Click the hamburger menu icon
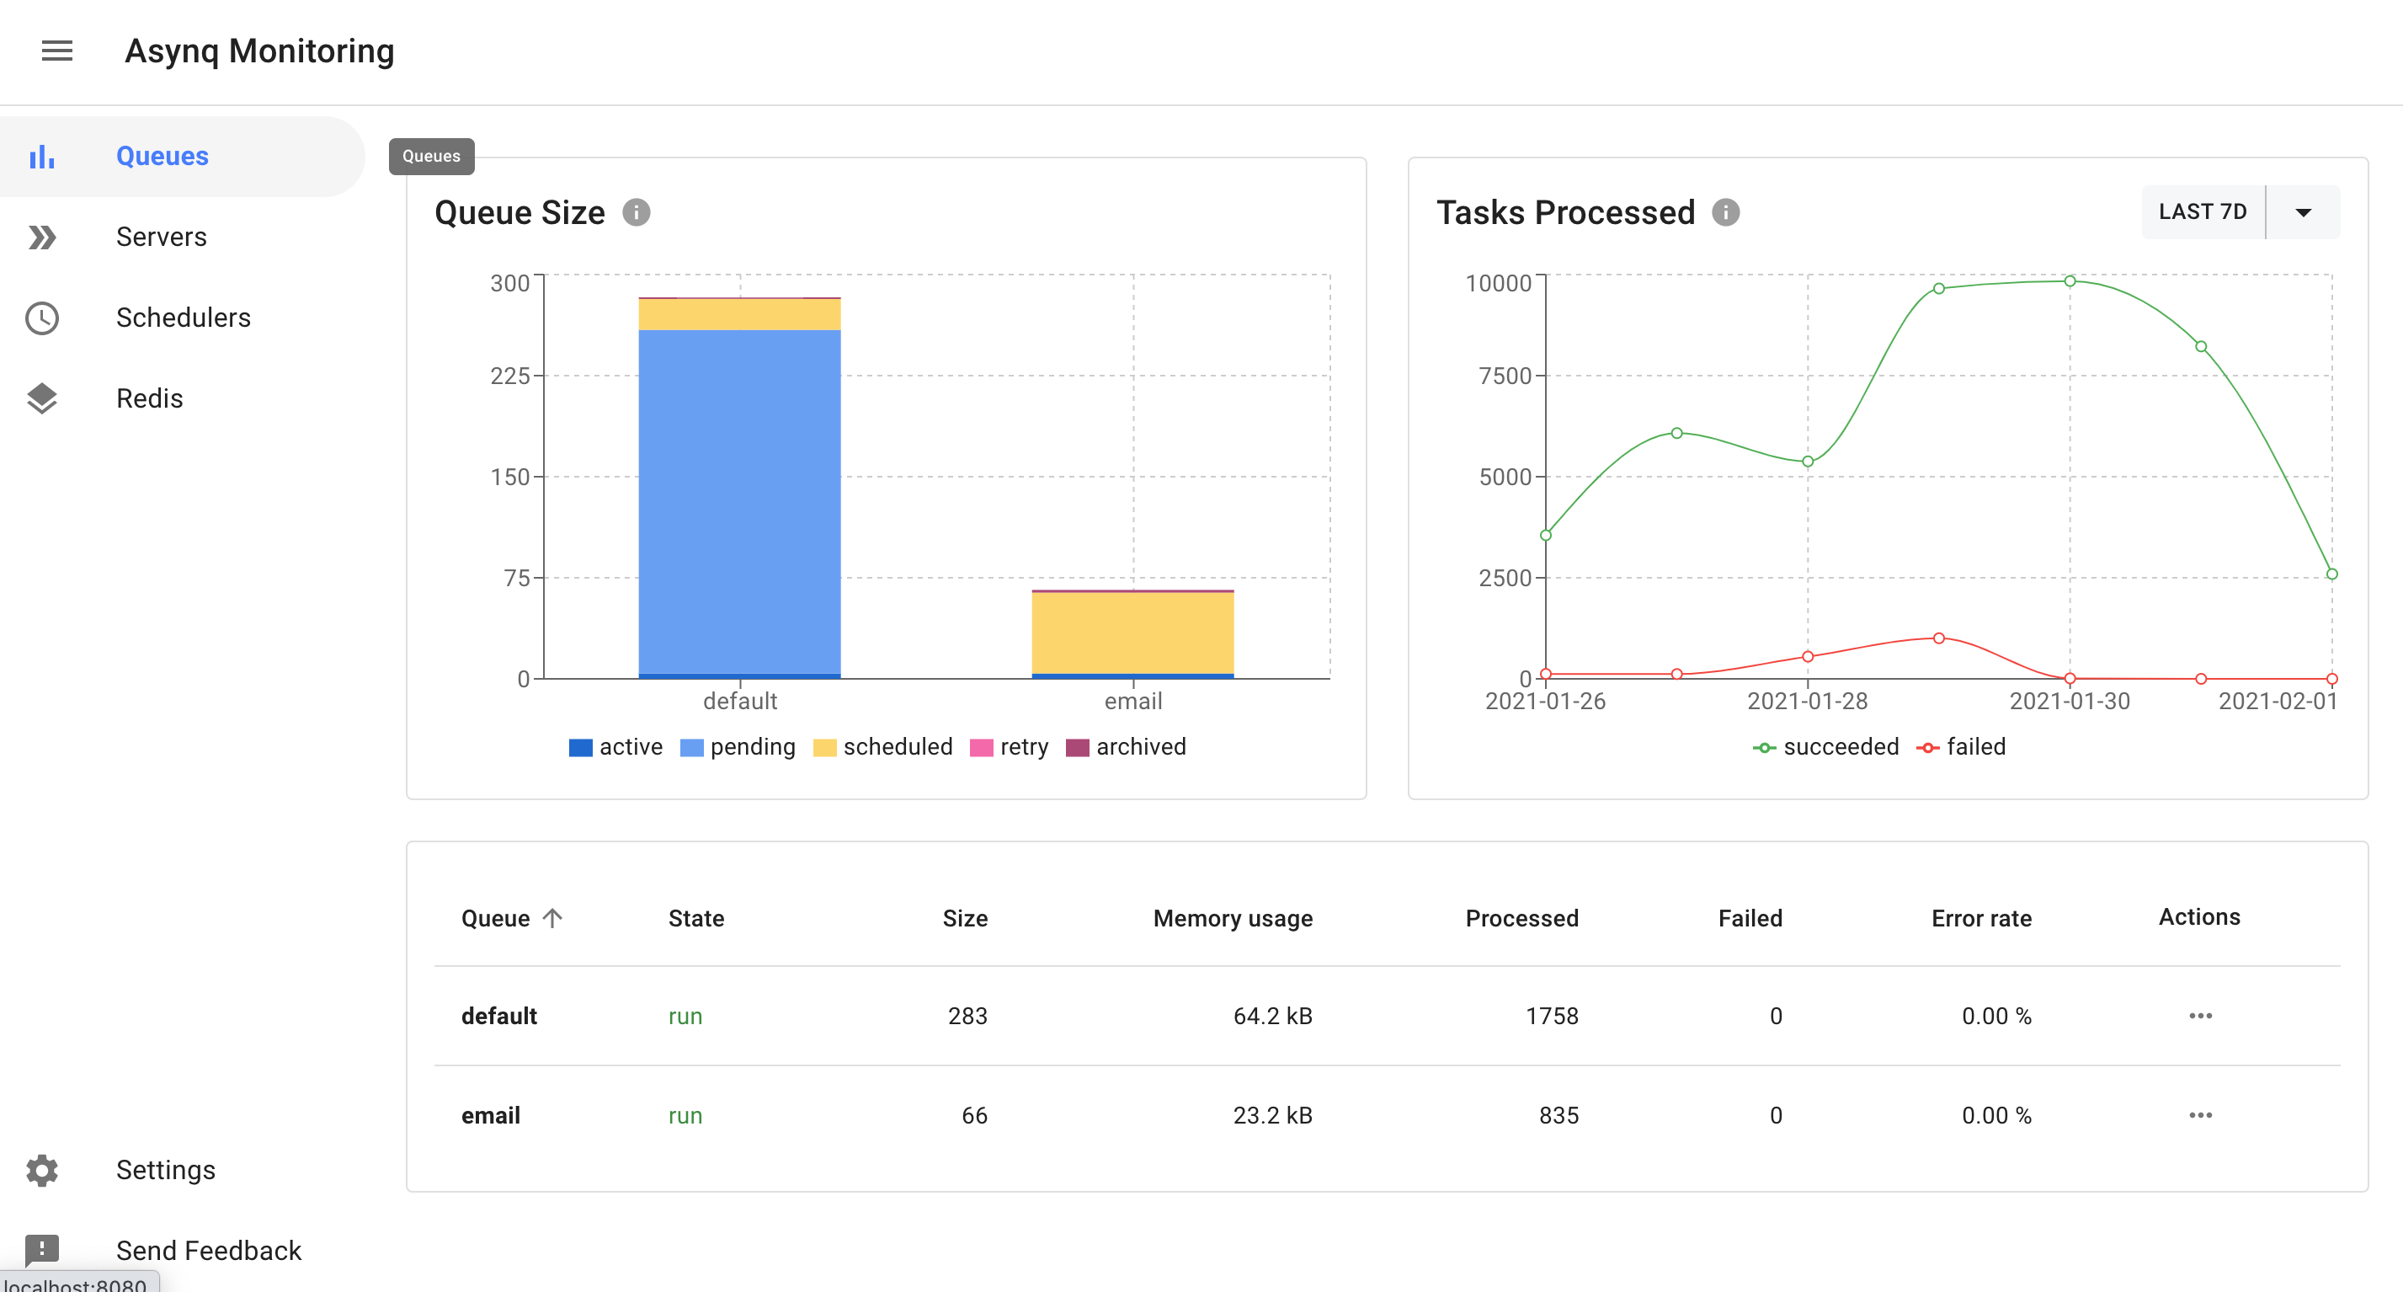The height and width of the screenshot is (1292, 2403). tap(57, 51)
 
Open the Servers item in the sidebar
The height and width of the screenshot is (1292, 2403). tap(161, 237)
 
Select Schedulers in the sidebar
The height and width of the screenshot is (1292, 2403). tap(183, 318)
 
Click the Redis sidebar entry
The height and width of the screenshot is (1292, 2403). tap(149, 398)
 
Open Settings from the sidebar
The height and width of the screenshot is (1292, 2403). tap(165, 1170)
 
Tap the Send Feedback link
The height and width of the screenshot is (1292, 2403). tap(208, 1250)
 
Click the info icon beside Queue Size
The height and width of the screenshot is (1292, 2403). tap(637, 213)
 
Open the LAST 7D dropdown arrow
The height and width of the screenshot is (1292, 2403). tap(2303, 213)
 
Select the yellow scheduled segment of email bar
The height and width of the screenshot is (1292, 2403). tap(1132, 633)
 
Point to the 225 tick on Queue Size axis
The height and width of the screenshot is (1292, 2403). tap(509, 376)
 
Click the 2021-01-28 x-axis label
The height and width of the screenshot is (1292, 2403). tap(1807, 701)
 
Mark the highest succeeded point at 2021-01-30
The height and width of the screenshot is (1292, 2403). tap(2069, 280)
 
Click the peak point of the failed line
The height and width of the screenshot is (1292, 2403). tap(1938, 638)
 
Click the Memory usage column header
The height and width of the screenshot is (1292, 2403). tap(1233, 918)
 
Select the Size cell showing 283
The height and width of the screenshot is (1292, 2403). tap(967, 1016)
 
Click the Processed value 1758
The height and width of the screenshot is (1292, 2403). tap(1551, 1016)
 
